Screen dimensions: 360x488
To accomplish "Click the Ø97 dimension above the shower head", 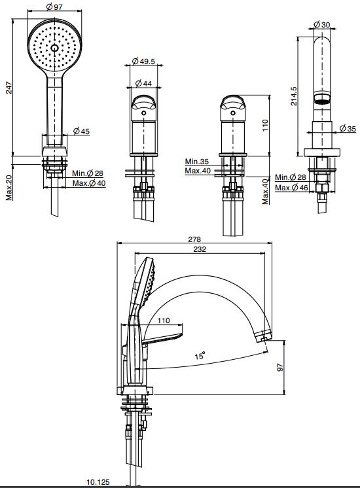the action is point(54,7).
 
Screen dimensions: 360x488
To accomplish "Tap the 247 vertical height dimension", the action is point(9,88).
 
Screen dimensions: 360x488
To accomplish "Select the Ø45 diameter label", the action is point(82,131).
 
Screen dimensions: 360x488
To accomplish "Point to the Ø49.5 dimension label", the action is point(143,61).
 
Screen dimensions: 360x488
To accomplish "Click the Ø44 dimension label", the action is point(144,84).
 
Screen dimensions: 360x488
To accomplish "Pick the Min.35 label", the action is point(197,162).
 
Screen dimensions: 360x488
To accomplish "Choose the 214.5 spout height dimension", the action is point(294,96).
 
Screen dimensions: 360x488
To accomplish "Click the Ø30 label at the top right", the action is point(322,24).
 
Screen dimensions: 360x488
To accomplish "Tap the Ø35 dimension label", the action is point(348,128).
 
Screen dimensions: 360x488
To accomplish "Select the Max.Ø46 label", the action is point(291,187).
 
